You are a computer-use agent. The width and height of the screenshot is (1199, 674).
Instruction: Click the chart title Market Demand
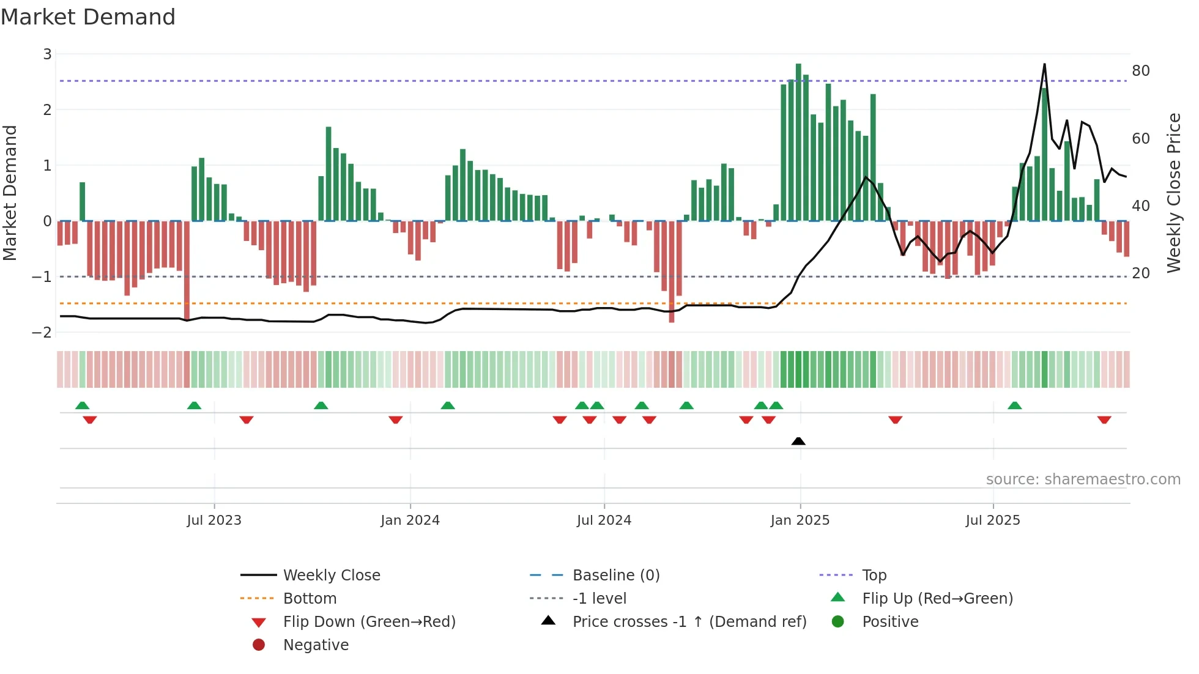click(x=88, y=17)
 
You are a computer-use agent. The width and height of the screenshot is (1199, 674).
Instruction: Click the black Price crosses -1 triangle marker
click(x=798, y=441)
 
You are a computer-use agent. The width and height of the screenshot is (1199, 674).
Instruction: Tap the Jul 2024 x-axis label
click(x=604, y=520)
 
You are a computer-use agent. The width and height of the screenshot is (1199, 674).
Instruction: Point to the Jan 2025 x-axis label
click(x=800, y=520)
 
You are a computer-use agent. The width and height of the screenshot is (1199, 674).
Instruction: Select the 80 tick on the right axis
click(x=1141, y=71)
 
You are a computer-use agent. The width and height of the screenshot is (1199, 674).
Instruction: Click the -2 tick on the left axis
click(x=42, y=332)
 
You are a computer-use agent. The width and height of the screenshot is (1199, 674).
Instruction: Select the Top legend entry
click(x=874, y=576)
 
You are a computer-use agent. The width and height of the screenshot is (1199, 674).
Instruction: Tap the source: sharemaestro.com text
click(x=1083, y=480)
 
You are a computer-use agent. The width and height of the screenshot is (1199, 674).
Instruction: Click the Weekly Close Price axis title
click(x=1173, y=193)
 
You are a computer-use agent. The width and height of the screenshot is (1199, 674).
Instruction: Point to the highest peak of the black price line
click(x=1044, y=65)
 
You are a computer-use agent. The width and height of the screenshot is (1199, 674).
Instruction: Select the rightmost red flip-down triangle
click(x=1104, y=420)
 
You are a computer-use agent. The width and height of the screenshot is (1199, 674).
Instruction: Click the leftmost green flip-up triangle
click(x=82, y=406)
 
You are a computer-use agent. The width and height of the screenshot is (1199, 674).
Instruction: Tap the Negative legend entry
click(x=316, y=645)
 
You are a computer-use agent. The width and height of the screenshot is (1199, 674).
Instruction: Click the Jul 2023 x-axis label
click(x=214, y=520)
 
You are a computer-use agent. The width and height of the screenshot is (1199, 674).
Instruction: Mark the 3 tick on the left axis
click(x=47, y=54)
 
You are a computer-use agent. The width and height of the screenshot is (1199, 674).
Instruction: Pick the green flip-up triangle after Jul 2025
click(x=1014, y=406)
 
